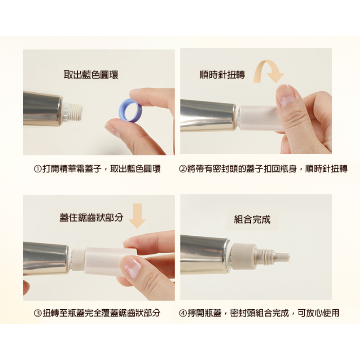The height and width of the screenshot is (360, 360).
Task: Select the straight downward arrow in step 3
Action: [x=137, y=216]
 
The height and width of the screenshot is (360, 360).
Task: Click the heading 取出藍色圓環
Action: [x=91, y=75]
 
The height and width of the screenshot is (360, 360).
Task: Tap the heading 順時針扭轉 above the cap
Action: [x=222, y=74]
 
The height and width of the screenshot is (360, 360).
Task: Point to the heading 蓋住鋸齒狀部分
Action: [x=91, y=217]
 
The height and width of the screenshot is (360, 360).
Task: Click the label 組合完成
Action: [x=252, y=219]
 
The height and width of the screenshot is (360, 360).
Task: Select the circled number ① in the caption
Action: [x=37, y=169]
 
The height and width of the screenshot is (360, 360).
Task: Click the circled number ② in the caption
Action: [x=182, y=169]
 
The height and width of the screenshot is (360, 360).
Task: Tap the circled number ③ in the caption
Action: [x=37, y=313]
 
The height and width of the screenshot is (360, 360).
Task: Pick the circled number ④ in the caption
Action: [x=182, y=313]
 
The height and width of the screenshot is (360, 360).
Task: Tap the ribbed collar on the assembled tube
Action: [x=243, y=256]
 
